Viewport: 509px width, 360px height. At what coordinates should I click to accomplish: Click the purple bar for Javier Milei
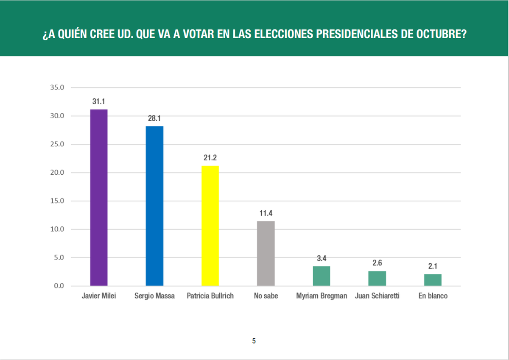[x=99, y=197]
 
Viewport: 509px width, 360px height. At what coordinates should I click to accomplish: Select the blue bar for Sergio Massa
[x=154, y=206]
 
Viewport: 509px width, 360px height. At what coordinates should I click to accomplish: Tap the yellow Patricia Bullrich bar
[x=210, y=225]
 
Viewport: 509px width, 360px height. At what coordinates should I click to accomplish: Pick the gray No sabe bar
[x=266, y=253]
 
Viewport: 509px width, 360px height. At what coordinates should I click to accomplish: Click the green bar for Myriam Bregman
[x=322, y=276]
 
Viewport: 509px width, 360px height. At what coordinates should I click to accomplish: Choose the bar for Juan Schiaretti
[x=377, y=278]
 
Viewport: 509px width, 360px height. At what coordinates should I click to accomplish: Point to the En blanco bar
[x=433, y=280]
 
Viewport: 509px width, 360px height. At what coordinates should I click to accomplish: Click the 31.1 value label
[x=99, y=102]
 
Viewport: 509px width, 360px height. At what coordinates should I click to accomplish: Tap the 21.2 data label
[x=210, y=158]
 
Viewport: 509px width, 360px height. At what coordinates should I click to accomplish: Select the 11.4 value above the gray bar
[x=266, y=213]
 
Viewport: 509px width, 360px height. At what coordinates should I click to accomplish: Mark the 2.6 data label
[x=377, y=263]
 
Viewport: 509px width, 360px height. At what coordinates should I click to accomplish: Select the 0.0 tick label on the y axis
[x=58, y=286]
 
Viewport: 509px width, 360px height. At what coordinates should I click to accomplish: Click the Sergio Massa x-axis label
[x=154, y=296]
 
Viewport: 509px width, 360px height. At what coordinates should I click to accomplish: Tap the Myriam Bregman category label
[x=322, y=296]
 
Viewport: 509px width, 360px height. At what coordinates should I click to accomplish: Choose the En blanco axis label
[x=433, y=296]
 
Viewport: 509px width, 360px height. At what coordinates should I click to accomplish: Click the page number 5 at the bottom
[x=254, y=341]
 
